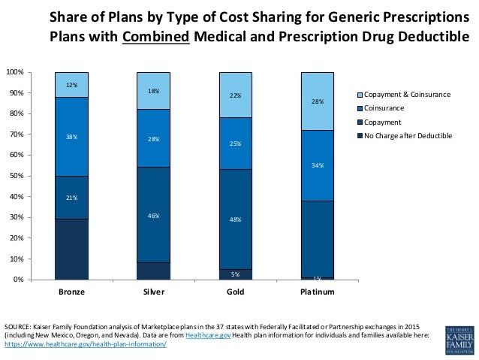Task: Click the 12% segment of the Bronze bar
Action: click(72, 84)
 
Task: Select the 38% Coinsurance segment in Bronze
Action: click(72, 137)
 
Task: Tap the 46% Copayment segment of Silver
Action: click(153, 215)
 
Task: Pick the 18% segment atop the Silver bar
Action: click(153, 90)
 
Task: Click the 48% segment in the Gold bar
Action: click(235, 219)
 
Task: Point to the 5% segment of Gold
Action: click(235, 274)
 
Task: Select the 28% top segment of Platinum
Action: click(317, 101)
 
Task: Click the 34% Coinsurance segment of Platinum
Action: click(317, 165)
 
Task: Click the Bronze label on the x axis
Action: click(72, 291)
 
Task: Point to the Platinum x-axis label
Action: click(317, 291)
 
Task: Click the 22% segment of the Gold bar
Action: click(235, 95)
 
